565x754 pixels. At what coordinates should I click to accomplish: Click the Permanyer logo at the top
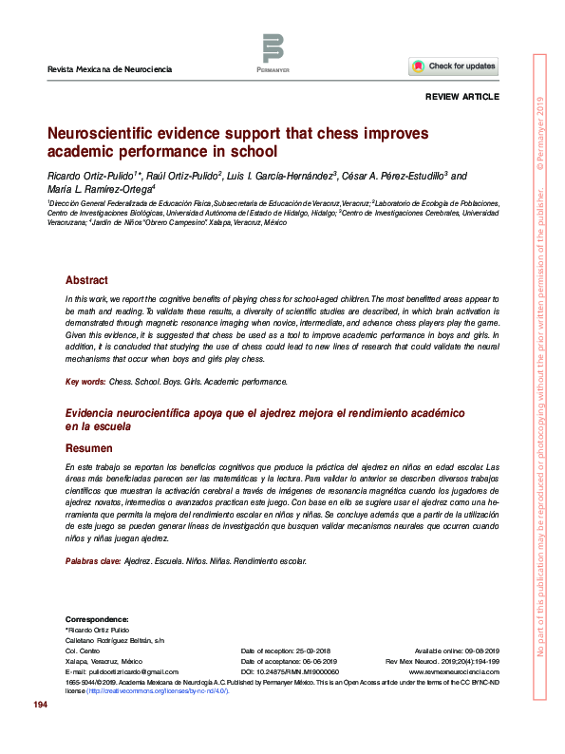[273, 53]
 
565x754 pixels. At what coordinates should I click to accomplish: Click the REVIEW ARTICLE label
[461, 98]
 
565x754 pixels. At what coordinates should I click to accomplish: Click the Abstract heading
[86, 280]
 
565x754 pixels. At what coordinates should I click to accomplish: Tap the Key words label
[85, 381]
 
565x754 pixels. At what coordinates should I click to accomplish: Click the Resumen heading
[89, 447]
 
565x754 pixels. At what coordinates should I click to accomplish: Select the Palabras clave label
[93, 561]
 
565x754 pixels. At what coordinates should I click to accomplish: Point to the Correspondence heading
[96, 619]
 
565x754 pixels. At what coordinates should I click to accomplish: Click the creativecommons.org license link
[157, 691]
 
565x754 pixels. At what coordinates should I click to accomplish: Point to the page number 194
[40, 705]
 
